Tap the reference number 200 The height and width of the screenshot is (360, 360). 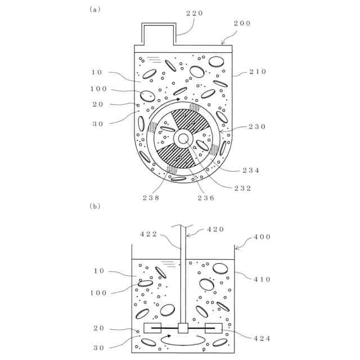click(242, 24)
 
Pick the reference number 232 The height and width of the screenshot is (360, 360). click(243, 187)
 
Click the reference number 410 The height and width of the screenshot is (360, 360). click(262, 278)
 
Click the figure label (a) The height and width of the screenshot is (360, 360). click(94, 9)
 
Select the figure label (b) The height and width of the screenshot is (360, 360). click(94, 206)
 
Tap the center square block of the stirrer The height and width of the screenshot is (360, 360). click(183, 328)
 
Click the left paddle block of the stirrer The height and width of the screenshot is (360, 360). click(153, 328)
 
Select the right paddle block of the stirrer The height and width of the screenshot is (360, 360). click(214, 328)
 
